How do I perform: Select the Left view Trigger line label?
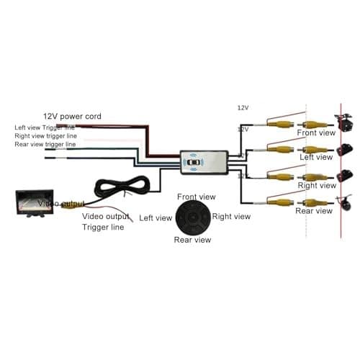(x=45, y=127)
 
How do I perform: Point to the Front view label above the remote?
(x=197, y=196)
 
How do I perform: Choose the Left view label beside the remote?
(x=156, y=217)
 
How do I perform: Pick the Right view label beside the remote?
(x=231, y=216)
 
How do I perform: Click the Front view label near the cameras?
(x=316, y=133)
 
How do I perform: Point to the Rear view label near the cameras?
(x=315, y=211)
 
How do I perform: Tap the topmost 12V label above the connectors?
(x=243, y=107)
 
